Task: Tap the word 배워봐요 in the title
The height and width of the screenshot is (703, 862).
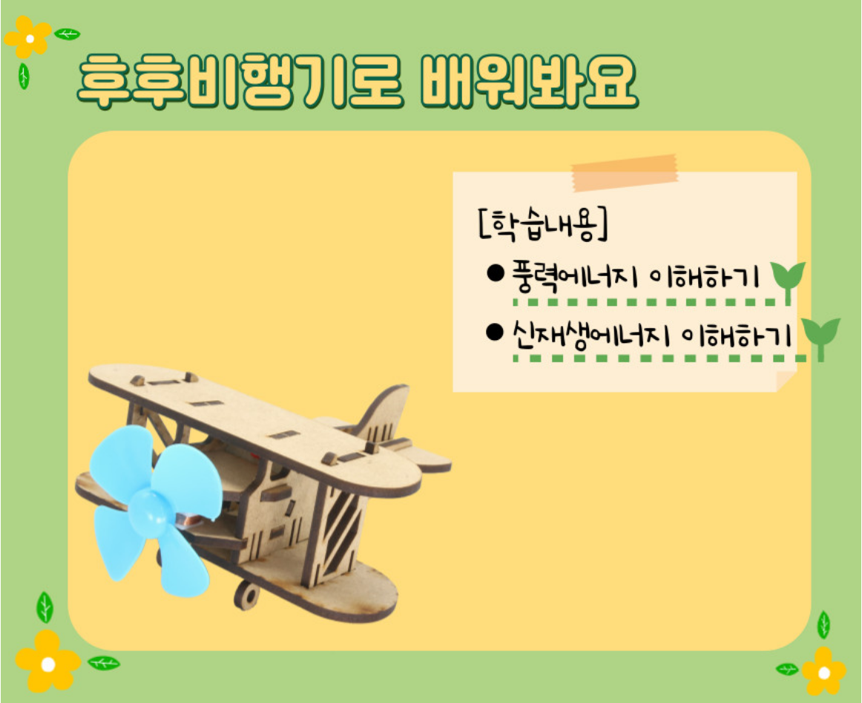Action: point(527,82)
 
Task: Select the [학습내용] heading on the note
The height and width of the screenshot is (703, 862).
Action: point(543,224)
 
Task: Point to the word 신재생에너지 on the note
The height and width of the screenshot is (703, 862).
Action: point(591,333)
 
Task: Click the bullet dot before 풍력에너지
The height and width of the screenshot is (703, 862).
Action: point(496,273)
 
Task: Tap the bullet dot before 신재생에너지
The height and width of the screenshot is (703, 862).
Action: point(495,332)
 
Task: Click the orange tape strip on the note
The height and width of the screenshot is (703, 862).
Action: point(625,172)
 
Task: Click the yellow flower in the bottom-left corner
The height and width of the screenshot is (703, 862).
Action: point(47,662)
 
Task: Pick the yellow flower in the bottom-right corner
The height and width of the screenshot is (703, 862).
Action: point(823,672)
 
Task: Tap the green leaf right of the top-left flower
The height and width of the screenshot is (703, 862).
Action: point(68,34)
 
